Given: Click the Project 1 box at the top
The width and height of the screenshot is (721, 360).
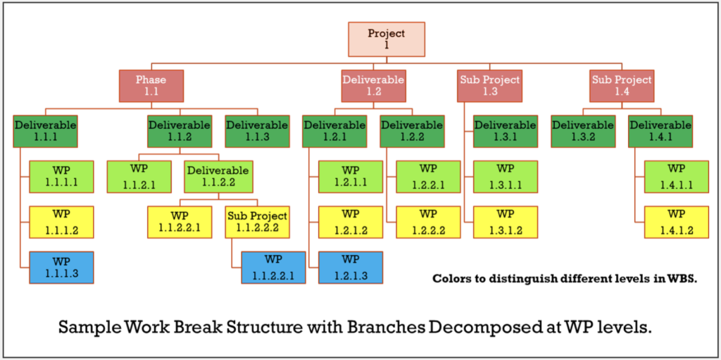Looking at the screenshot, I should [x=387, y=39].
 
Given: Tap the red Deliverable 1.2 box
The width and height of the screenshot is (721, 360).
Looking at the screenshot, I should [x=372, y=86].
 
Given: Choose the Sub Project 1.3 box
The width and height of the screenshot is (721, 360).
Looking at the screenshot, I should [x=490, y=86].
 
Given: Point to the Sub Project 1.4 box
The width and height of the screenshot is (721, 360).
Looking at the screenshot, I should [x=622, y=86].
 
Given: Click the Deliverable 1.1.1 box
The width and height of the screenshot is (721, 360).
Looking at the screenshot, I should [x=45, y=131].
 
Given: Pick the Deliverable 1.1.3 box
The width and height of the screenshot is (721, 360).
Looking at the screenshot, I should [x=257, y=131].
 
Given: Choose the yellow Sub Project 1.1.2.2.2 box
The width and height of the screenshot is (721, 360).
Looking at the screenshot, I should [x=257, y=222].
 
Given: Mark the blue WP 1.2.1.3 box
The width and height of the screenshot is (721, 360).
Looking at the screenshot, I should [x=350, y=266].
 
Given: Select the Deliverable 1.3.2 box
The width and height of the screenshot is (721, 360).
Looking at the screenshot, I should [x=582, y=131].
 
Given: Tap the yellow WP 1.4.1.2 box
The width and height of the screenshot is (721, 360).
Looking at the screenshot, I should [x=676, y=222].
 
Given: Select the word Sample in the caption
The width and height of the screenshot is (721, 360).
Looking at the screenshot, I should [x=86, y=328].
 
